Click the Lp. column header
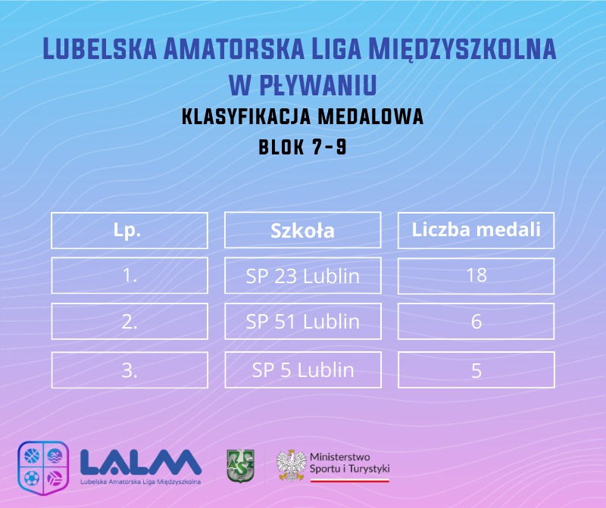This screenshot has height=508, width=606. click(130, 230)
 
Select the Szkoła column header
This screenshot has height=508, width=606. click(302, 230)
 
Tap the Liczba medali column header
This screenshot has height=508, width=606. click(476, 230)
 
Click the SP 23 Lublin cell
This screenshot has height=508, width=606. click(302, 276)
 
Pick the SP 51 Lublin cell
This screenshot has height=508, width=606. click(302, 322)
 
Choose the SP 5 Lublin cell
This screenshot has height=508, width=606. click(302, 370)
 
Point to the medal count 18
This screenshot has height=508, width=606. click(476, 276)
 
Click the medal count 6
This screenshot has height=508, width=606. click(476, 322)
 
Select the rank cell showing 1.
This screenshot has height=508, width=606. click(130, 276)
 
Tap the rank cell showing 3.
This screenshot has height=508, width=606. click(130, 370)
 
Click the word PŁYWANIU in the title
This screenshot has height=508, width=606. click(317, 85)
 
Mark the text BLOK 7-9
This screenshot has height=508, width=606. click(302, 147)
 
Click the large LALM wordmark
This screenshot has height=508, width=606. click(141, 463)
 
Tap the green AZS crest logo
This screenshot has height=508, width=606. click(240, 466)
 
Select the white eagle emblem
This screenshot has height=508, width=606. click(291, 465)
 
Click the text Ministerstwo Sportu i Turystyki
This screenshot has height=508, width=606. click(349, 463)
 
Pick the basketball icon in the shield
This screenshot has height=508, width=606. click(32, 456)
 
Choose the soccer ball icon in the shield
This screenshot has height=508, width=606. click(32, 478)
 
